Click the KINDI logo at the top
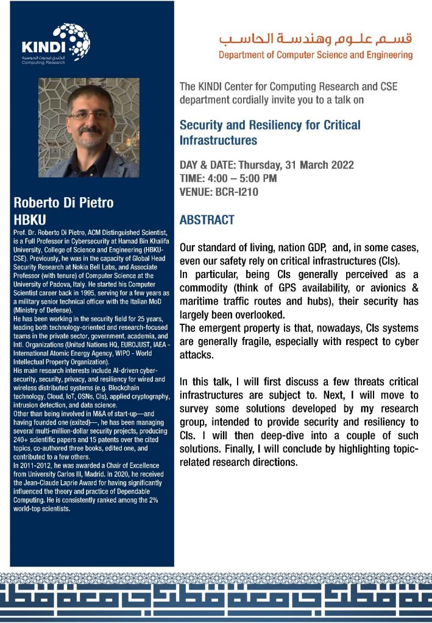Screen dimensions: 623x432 click(56, 44)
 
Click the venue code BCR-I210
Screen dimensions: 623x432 click(238, 192)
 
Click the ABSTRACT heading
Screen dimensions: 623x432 click(207, 220)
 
